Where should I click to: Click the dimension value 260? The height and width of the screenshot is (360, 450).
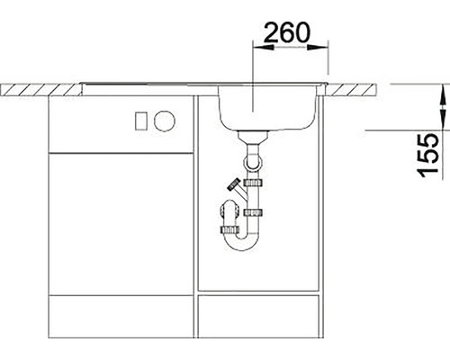(x=286, y=31)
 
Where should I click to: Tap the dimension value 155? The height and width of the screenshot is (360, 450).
(x=427, y=155)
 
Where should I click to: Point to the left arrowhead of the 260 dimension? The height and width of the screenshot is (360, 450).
(x=264, y=47)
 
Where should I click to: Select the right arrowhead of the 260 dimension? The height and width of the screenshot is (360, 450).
(x=318, y=47)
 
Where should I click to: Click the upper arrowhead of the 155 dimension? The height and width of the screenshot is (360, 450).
(x=444, y=94)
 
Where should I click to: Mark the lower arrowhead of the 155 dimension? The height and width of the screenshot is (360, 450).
(x=444, y=120)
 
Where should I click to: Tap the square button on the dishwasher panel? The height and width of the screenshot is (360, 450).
(x=140, y=121)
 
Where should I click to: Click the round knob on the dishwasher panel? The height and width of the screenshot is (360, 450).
(x=164, y=121)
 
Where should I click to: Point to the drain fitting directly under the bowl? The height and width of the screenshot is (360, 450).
(x=253, y=137)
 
